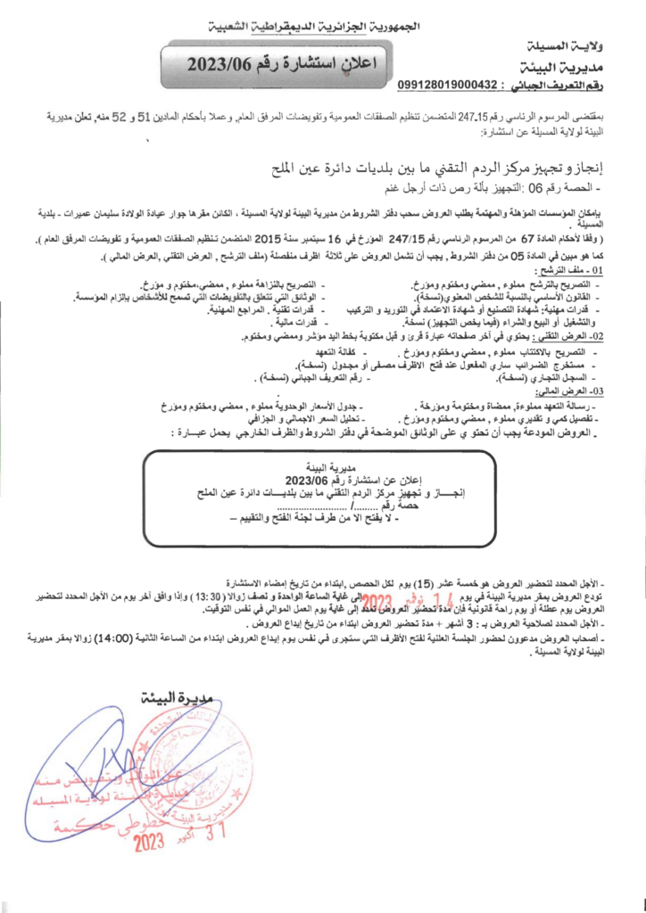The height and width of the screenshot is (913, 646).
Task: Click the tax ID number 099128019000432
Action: click(x=446, y=85)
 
